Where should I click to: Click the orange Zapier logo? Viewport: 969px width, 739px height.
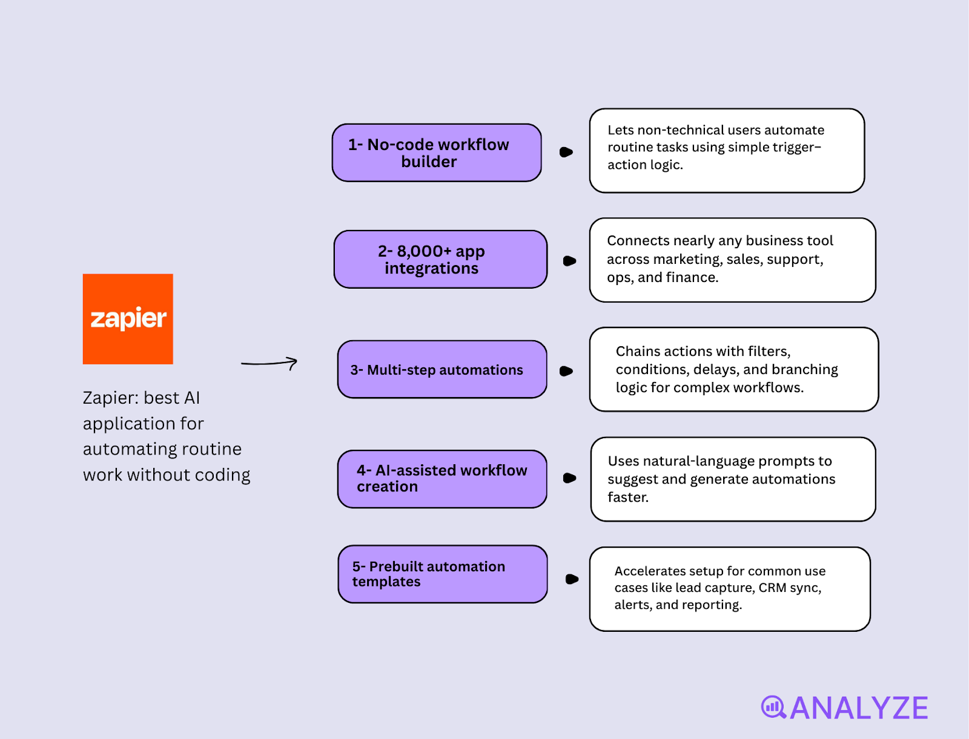click(128, 319)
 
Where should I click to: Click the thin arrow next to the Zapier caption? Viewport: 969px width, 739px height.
click(270, 363)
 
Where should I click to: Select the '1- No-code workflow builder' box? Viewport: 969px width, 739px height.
click(437, 153)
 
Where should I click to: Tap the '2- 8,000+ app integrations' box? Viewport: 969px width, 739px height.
click(440, 259)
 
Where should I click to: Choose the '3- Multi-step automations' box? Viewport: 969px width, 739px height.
click(442, 369)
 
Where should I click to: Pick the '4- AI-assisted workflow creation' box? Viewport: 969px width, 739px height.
click(442, 479)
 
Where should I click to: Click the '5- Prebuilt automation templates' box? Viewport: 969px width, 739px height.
click(443, 574)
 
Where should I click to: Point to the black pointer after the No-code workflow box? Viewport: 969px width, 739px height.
click(566, 152)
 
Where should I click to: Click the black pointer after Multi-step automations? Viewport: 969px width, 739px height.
click(566, 371)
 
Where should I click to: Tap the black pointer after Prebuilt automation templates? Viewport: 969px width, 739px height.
click(571, 579)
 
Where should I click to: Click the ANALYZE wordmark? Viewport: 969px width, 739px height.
click(859, 708)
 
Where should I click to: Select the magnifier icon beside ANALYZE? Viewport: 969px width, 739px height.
click(773, 707)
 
